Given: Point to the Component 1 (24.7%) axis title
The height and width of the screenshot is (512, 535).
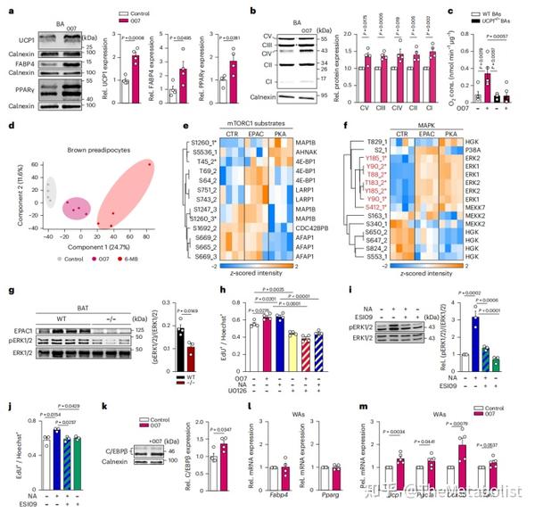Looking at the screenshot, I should click(x=81, y=253).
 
